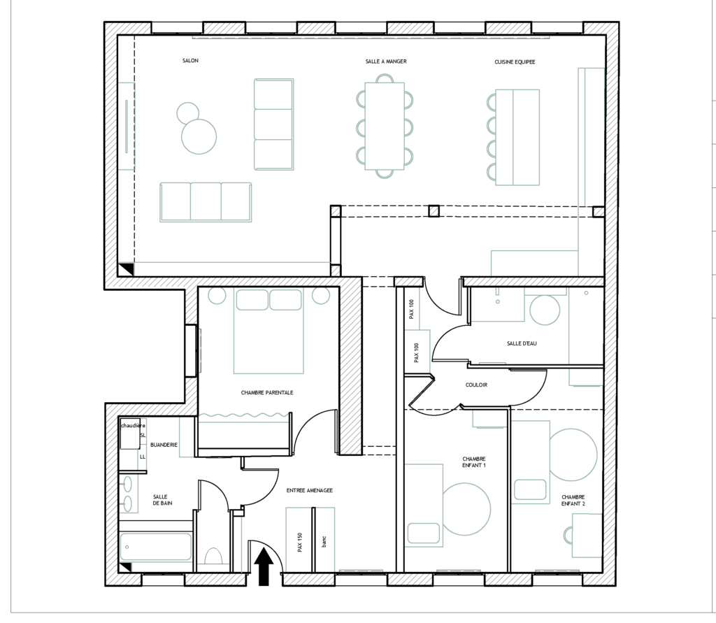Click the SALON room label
click(x=190, y=61)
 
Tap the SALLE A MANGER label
click(x=386, y=62)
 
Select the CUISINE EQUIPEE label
click(x=515, y=62)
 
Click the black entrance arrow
click(x=264, y=566)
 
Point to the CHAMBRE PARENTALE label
click(x=267, y=392)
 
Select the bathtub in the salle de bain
click(x=156, y=547)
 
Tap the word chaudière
click(x=133, y=426)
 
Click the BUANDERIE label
click(x=164, y=445)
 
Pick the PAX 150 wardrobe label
click(x=300, y=542)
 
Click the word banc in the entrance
click(x=324, y=542)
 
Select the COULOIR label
click(x=476, y=385)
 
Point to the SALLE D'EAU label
click(x=522, y=343)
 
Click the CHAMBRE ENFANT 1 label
click(x=474, y=462)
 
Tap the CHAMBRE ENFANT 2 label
click(x=573, y=500)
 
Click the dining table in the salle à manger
click(x=385, y=126)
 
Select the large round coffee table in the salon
click(x=199, y=136)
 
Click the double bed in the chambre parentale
click(x=268, y=331)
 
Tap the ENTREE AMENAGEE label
click(x=310, y=491)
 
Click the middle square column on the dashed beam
click(x=434, y=211)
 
